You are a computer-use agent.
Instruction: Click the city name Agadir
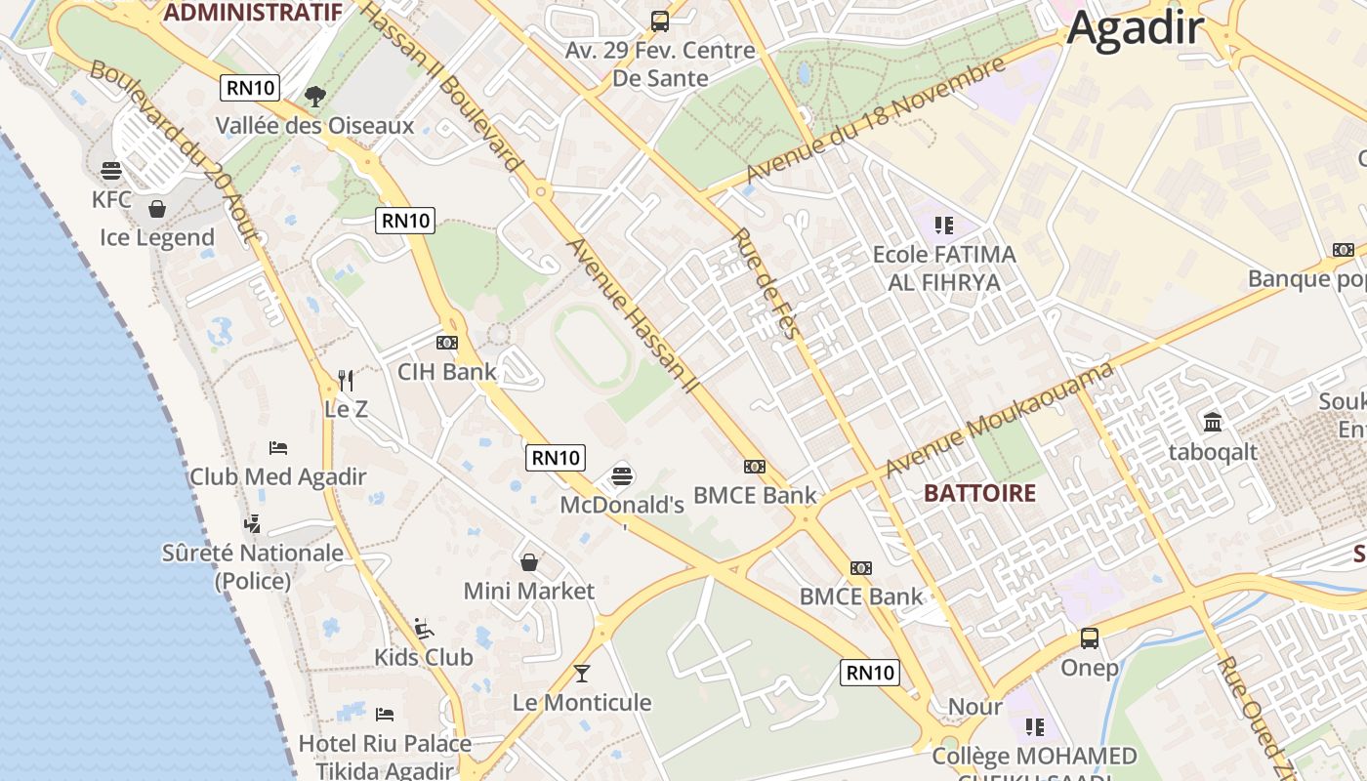pos(1135,27)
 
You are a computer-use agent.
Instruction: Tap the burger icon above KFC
pos(110,171)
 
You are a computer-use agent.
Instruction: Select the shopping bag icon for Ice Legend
pos(156,209)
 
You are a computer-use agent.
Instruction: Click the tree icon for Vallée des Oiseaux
pos(314,96)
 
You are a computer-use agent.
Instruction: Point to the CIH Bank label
pos(446,372)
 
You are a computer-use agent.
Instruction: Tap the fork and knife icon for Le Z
pos(345,380)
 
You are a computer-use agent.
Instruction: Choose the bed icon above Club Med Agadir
pos(278,448)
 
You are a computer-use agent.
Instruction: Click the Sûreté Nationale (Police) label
pos(252,566)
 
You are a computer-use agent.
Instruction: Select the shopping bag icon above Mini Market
pos(528,562)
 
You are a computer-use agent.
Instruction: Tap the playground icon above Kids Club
pos(423,628)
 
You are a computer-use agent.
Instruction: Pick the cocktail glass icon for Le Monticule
pos(582,673)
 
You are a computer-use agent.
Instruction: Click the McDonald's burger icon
pos(621,476)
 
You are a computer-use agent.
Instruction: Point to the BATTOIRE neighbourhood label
pos(979,493)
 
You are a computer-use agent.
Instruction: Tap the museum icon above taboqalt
pos(1213,423)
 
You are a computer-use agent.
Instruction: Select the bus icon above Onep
pos(1089,638)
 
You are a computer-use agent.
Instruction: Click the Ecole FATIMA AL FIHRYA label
pos(943,268)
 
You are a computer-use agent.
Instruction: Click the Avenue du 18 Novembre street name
pos(875,119)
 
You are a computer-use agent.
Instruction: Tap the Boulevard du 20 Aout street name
pos(175,151)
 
